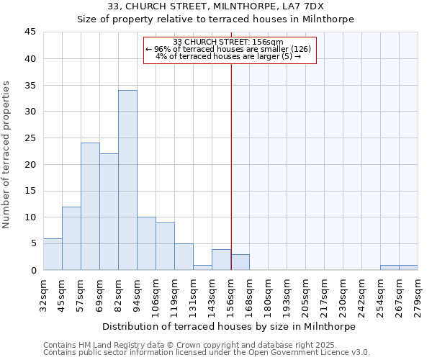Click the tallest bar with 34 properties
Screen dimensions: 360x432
click(127, 180)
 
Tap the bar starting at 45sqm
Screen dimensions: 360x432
click(71, 238)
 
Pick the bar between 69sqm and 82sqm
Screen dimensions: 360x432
click(109, 212)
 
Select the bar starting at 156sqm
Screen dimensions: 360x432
click(240, 262)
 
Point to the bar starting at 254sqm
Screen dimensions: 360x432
click(390, 267)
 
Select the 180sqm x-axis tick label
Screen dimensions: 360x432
click(268, 293)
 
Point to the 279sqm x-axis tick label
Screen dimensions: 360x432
click(418, 293)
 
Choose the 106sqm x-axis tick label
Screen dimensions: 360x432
click(156, 293)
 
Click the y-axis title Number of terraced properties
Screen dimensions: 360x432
click(7, 155)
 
